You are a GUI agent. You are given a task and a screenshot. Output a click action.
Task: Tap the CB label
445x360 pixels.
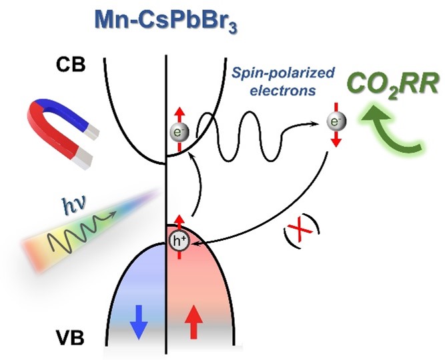pyautogui.click(x=72, y=65)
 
